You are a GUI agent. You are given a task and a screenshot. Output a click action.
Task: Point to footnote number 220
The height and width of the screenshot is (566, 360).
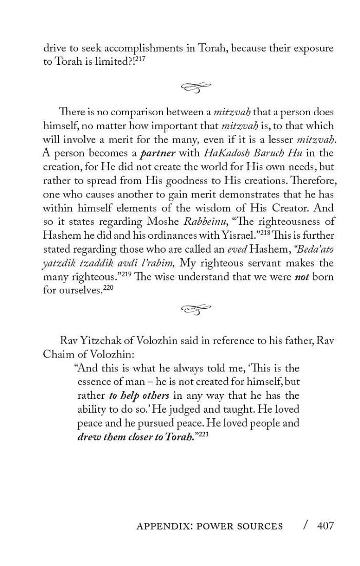pyautogui.click(x=108, y=288)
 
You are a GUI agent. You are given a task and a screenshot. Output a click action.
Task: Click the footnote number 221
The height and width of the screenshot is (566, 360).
pyautogui.click(x=203, y=435)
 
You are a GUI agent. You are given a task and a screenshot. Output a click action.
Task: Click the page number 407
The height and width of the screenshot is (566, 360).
pyautogui.click(x=326, y=525)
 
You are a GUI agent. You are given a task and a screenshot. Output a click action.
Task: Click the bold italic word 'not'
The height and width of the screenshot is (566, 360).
pyautogui.click(x=301, y=277)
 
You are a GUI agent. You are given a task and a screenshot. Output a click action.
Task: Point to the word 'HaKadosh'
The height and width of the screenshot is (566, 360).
pyautogui.click(x=224, y=153)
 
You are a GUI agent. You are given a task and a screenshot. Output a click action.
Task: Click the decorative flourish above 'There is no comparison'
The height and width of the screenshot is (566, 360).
pyautogui.click(x=196, y=87)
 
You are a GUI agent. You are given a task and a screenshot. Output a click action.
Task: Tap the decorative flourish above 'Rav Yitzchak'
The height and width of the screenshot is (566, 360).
pyautogui.click(x=196, y=309)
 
